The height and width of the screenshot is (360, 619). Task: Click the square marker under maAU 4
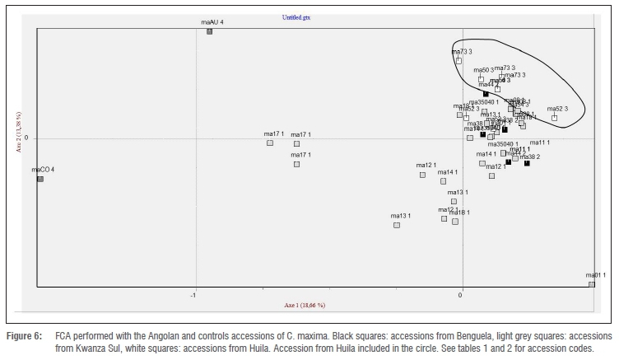210,31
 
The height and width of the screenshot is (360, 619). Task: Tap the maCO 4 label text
43,170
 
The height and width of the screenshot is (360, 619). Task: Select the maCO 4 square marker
40,178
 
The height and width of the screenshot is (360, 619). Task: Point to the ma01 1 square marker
592,284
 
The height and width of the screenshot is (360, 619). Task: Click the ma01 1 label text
595,275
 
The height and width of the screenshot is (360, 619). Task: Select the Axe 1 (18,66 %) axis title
305,306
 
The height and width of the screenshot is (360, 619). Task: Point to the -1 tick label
194,294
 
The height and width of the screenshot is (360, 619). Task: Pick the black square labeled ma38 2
527,164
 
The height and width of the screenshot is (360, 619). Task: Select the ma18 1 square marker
454,222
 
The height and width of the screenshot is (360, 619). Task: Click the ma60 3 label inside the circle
484,70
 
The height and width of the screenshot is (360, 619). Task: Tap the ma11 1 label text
539,143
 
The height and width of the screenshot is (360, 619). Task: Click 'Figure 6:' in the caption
24,338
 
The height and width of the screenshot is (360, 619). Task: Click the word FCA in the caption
65,338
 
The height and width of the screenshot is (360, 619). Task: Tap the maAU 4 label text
212,22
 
